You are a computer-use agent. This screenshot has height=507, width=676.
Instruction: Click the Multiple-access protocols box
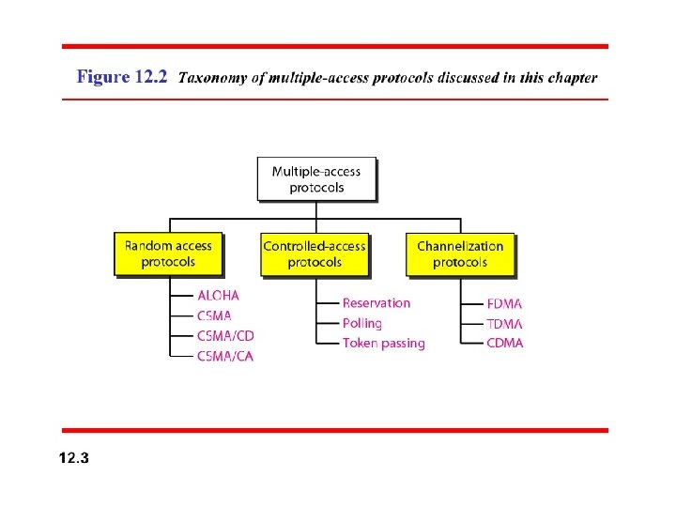pos(316,178)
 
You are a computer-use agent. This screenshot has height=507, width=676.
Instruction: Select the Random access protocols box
pos(169,253)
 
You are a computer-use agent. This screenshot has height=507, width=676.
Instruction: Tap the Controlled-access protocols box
pos(315,253)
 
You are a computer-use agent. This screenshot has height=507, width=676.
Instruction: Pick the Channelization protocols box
pos(460,253)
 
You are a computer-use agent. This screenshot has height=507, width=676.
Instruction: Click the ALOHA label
pos(218,296)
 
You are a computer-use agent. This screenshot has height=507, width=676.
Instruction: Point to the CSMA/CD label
pos(225,336)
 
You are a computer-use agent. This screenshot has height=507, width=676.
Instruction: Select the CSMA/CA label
pos(225,356)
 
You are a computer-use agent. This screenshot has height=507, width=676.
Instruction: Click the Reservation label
pos(376,302)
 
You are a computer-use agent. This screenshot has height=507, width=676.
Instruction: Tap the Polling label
pos(362,323)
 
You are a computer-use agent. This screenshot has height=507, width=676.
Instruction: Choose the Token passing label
pos(384,344)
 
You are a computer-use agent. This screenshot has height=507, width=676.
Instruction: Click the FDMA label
pos(505,303)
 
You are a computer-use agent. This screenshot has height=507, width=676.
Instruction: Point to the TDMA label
pos(505,324)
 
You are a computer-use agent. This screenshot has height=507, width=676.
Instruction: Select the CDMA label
pos(505,343)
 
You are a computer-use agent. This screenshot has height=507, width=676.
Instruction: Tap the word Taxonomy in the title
pos(211,78)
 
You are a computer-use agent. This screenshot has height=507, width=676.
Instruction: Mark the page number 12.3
pos(73,458)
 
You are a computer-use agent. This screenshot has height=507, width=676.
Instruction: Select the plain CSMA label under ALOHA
pos(214,316)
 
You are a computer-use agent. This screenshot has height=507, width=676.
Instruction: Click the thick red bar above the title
pos(335,46)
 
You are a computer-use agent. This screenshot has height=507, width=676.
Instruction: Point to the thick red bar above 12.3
pos(335,430)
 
